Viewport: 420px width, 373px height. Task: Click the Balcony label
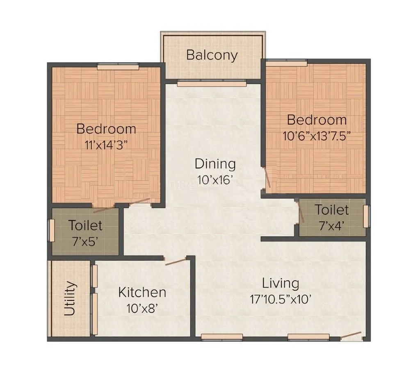pyautogui.click(x=212, y=55)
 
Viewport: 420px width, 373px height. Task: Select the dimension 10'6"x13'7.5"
pyautogui.click(x=316, y=136)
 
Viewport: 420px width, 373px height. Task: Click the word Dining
pyautogui.click(x=215, y=164)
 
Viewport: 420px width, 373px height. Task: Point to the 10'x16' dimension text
pyautogui.click(x=215, y=180)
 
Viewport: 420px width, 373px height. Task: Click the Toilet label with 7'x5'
pyautogui.click(x=85, y=225)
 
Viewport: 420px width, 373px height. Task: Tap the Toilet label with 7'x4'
pyautogui.click(x=332, y=210)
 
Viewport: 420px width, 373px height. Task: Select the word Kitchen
pyautogui.click(x=142, y=293)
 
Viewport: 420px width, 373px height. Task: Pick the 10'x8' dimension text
pyautogui.click(x=142, y=308)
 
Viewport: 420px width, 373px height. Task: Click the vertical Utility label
pyautogui.click(x=70, y=298)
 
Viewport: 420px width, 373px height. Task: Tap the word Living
pyautogui.click(x=281, y=283)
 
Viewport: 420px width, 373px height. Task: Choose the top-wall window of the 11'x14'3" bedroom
pyautogui.click(x=118, y=64)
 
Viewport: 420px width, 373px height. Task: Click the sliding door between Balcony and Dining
pyautogui.click(x=212, y=84)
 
